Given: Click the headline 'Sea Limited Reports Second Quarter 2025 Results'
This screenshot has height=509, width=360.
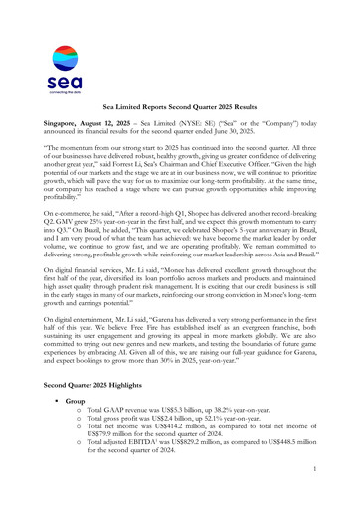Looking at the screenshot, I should coord(180,103).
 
